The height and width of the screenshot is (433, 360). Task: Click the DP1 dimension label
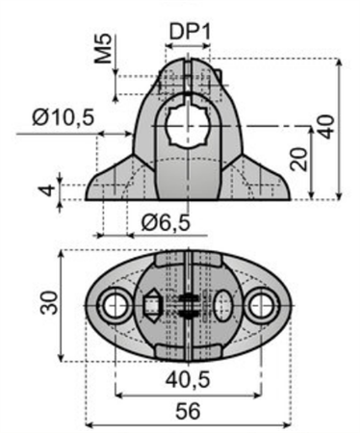pyautogui.click(x=190, y=32)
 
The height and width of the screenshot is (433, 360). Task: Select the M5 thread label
pyautogui.click(x=104, y=48)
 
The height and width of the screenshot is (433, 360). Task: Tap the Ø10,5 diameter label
pyautogui.click(x=64, y=117)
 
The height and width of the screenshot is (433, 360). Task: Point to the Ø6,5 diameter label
pyautogui.click(x=166, y=222)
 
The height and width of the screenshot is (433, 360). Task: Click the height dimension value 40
pyautogui.click(x=327, y=127)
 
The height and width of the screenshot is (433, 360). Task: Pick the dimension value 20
pyautogui.click(x=298, y=159)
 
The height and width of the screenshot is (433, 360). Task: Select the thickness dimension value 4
pyautogui.click(x=48, y=190)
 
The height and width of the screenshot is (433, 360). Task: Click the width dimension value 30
pyautogui.click(x=49, y=302)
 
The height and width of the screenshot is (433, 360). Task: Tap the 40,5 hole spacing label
pyautogui.click(x=188, y=379)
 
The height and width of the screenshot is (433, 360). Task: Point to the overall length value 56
pyautogui.click(x=189, y=411)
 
